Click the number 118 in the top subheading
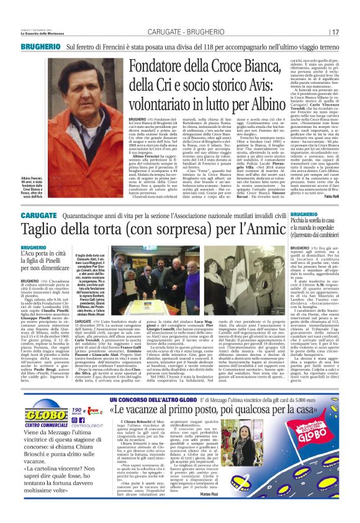point(222,46)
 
